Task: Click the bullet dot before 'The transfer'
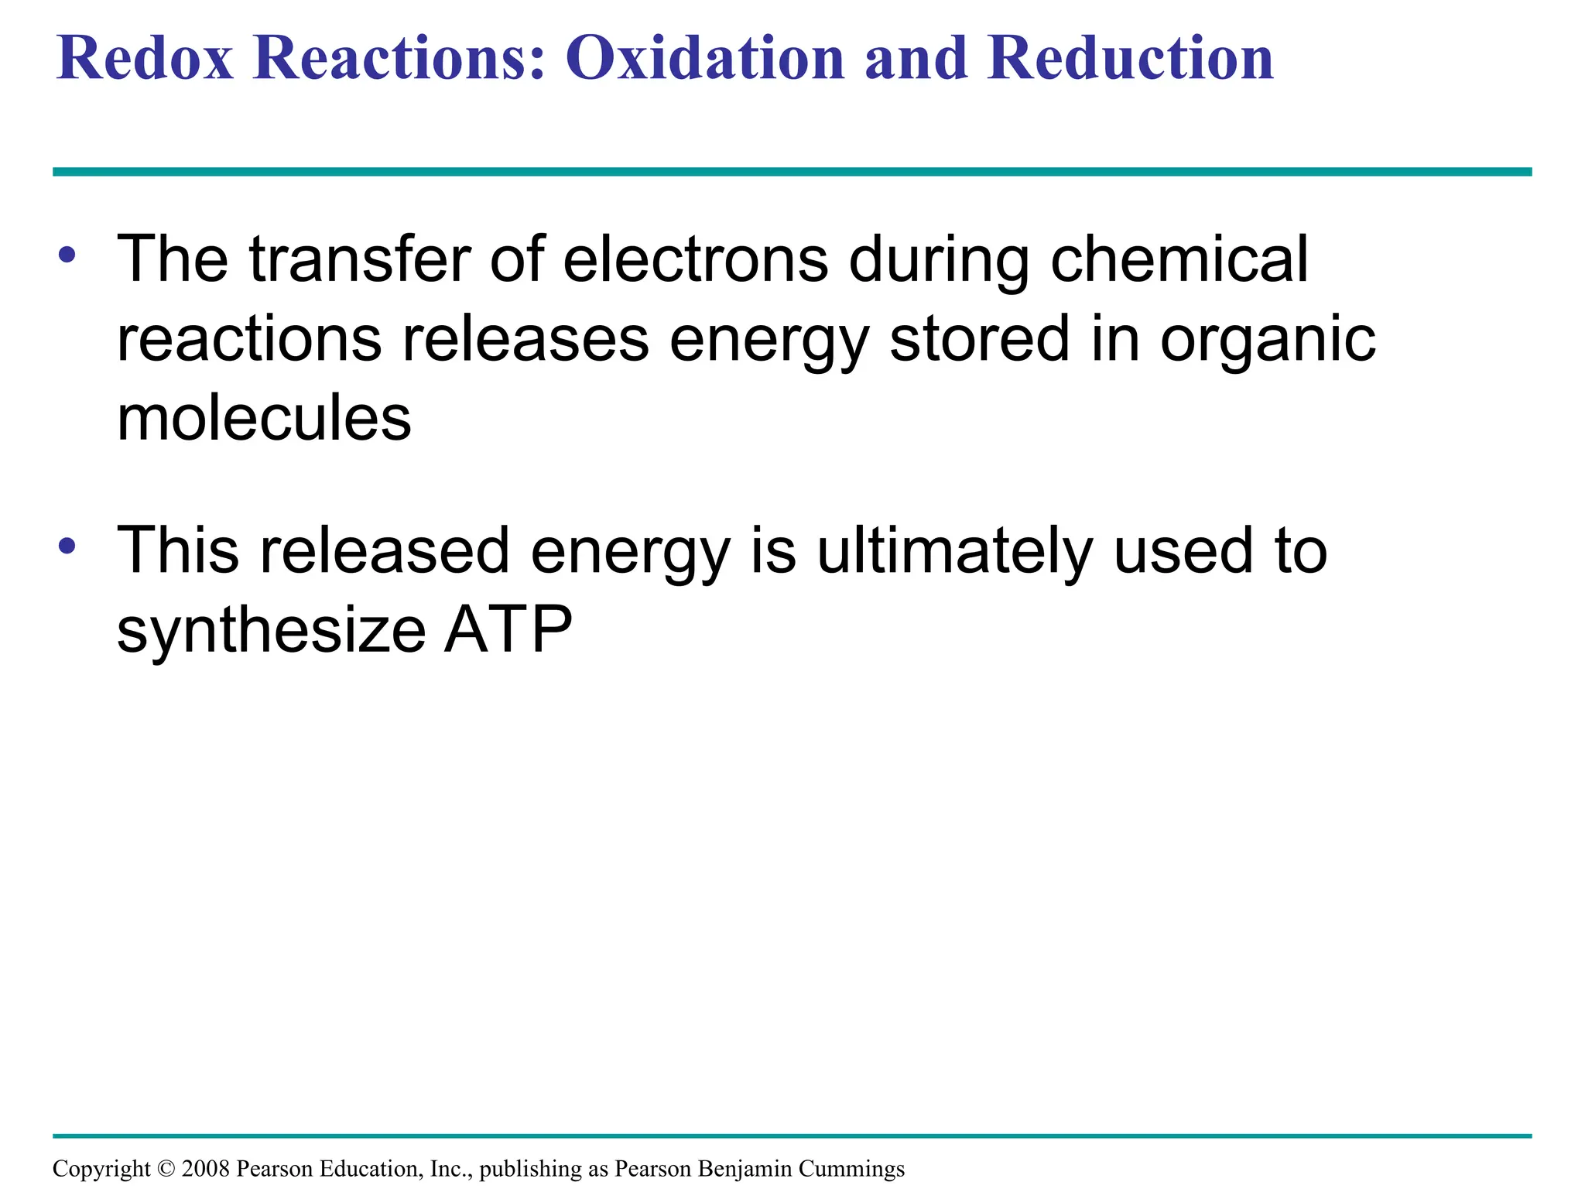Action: [x=67, y=254]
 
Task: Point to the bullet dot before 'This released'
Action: [x=67, y=546]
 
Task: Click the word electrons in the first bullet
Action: [x=696, y=259]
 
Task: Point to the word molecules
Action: [x=264, y=419]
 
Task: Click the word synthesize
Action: [x=271, y=632]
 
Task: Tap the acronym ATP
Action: [x=508, y=630]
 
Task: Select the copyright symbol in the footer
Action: [x=166, y=1168]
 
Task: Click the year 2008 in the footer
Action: [x=205, y=1168]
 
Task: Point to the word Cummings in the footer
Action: [x=851, y=1169]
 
